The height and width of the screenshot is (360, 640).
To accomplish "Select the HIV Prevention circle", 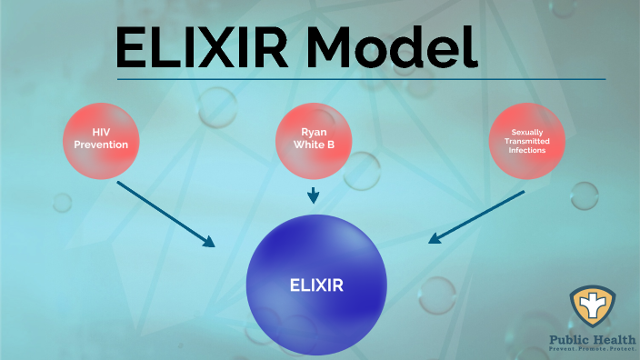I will click(101, 139).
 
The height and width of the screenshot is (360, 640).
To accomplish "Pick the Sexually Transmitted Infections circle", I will click(527, 142).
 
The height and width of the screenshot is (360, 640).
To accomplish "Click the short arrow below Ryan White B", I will click(314, 195).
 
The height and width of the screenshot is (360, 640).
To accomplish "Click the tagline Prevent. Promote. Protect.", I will click(593, 351).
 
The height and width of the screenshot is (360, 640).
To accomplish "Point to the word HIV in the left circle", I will click(101, 133).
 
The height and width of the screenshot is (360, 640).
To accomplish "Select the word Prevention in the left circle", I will click(101, 145).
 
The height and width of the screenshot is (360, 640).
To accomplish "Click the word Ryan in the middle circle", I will click(314, 134).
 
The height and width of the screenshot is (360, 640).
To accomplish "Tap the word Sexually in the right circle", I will click(527, 133).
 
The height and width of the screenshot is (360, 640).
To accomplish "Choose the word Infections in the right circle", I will click(527, 151).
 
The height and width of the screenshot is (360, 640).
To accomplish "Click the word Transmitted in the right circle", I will click(527, 142).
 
